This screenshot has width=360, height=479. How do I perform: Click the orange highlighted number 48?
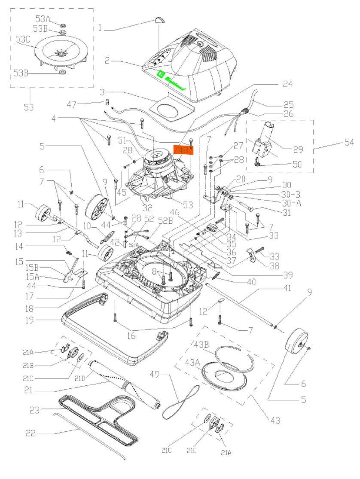tap(183, 150)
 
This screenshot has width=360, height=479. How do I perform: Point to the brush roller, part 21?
tap(125, 385)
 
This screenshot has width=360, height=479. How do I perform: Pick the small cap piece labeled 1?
tap(159, 19)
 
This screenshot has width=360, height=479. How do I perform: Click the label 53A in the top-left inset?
tap(43, 19)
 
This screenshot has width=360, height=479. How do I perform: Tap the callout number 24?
tap(287, 84)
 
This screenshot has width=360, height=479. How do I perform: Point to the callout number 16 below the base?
tap(131, 336)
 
